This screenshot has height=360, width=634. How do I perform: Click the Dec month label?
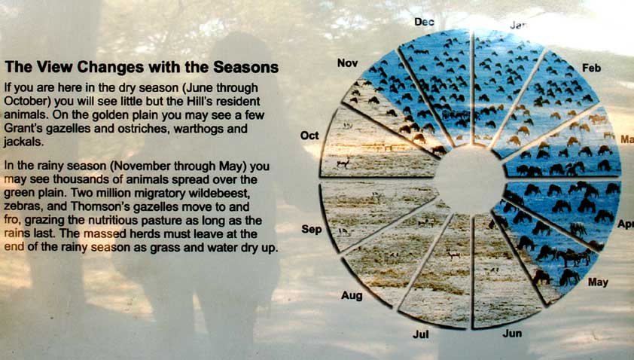pyautogui.click(x=424, y=22)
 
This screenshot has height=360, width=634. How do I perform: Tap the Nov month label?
pyautogui.click(x=347, y=63)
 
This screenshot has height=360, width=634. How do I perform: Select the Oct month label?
pyautogui.click(x=309, y=136)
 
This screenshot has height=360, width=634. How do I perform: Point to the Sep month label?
pyautogui.click(x=311, y=230)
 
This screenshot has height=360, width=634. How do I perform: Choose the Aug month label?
pyautogui.click(x=352, y=296)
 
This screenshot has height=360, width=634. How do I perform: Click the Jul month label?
pyautogui.click(x=421, y=334)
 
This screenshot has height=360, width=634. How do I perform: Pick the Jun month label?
pyautogui.click(x=512, y=334)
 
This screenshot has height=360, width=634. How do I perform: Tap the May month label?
pyautogui.click(x=598, y=282)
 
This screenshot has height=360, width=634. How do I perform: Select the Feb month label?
pyautogui.click(x=591, y=68)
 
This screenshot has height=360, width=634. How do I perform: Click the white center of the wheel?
pyautogui.click(x=471, y=178)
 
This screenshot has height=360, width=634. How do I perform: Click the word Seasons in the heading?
pyautogui.click(x=245, y=67)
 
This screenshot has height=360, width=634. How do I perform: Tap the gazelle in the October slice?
pyautogui.click(x=343, y=162)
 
